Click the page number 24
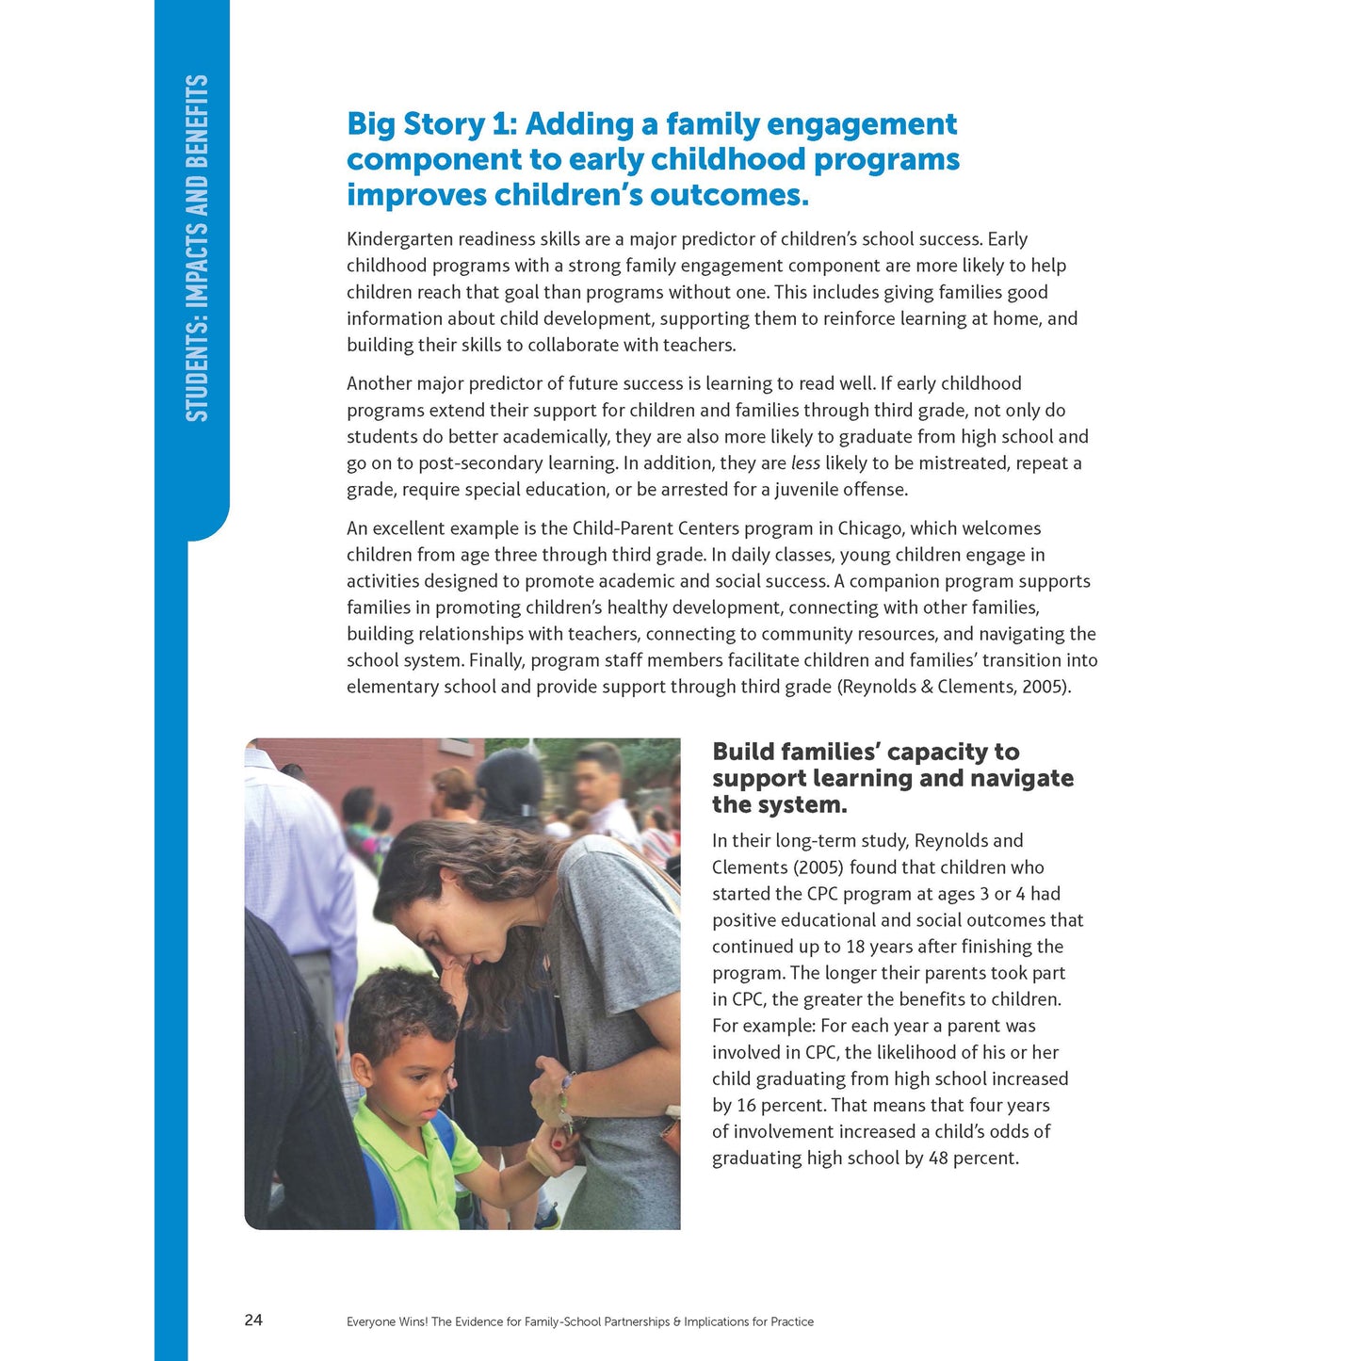253,1320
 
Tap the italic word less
805,462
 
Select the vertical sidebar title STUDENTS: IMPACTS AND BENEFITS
196,249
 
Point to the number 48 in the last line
938,1158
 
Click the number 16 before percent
746,1105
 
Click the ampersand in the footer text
677,1321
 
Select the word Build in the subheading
744,752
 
